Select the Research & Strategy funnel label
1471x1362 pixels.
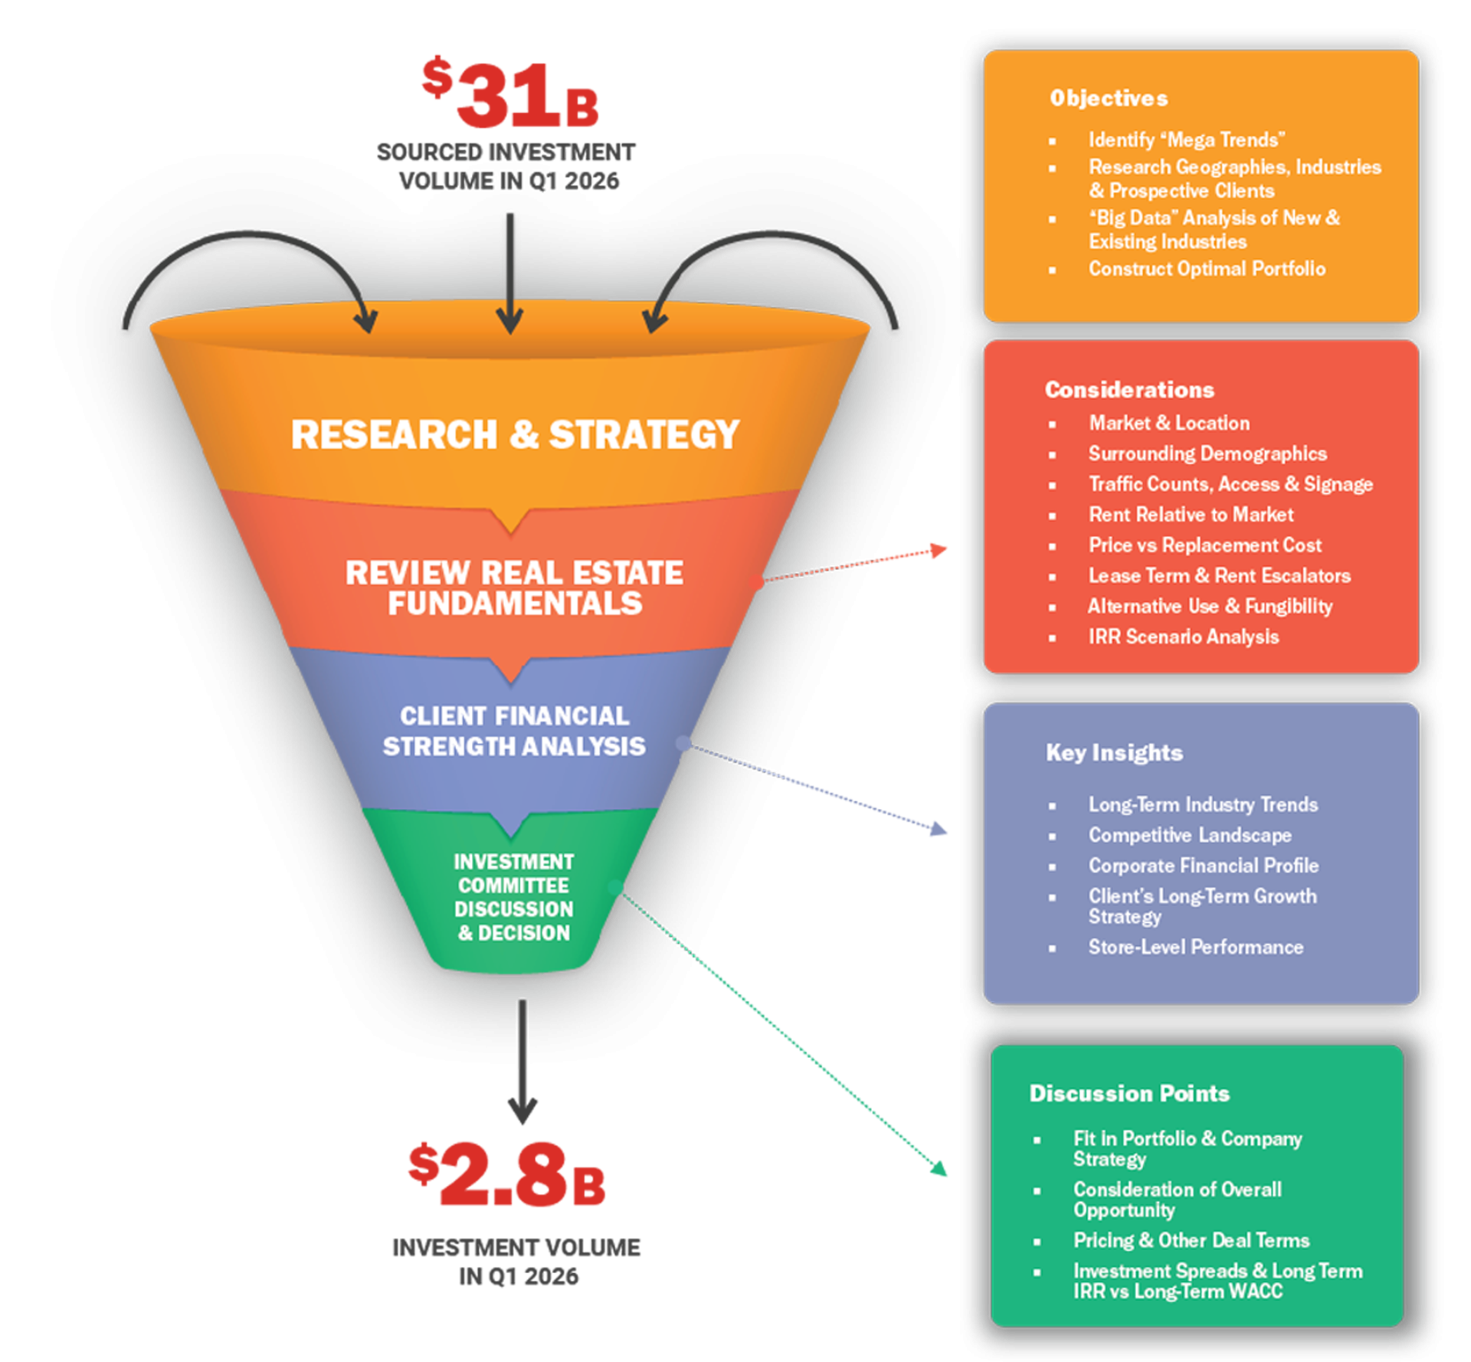(515, 434)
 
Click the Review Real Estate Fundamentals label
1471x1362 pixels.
(514, 588)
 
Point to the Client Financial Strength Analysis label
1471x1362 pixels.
(514, 731)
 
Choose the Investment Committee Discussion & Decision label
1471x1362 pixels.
(513, 897)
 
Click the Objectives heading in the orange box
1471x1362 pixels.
(1109, 98)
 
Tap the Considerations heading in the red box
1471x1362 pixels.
(1129, 389)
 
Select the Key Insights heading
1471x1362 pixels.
(1114, 753)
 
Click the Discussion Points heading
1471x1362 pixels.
(1129, 1093)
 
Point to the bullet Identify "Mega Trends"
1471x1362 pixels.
(1187, 140)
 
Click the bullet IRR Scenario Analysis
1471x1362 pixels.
(1184, 637)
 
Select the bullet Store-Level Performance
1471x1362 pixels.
(1196, 947)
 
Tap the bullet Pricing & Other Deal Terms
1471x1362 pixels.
(1191, 1240)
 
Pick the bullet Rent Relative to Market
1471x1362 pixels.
(1191, 515)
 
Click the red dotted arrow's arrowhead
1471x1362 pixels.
(939, 550)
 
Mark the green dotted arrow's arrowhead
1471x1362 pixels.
(939, 1168)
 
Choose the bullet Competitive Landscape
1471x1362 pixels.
(1190, 835)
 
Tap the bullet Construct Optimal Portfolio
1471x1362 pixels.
(1207, 269)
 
